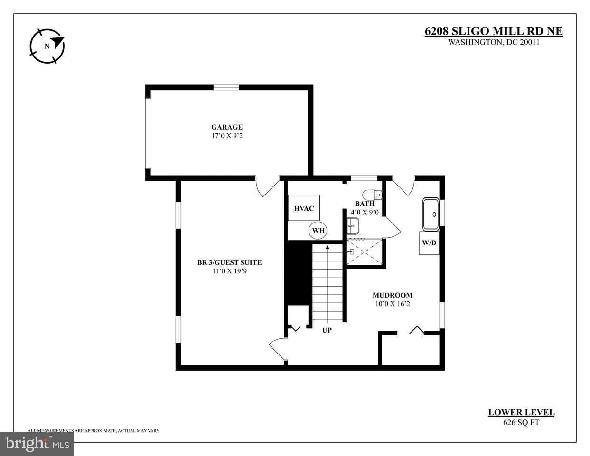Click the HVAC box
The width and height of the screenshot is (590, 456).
pyautogui.click(x=304, y=208)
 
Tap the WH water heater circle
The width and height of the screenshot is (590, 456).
pyautogui.click(x=318, y=231)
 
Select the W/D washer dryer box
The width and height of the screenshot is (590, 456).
pyautogui.click(x=429, y=243)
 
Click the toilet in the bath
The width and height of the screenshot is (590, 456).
pyautogui.click(x=372, y=195)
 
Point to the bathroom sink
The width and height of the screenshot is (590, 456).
pyautogui.click(x=352, y=226)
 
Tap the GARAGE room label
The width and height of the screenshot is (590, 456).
pyautogui.click(x=227, y=127)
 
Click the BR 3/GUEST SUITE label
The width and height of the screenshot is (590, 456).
pyautogui.click(x=229, y=262)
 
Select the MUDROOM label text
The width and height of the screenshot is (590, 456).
pyautogui.click(x=392, y=295)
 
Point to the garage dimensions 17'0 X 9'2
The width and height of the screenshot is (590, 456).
pyautogui.click(x=227, y=136)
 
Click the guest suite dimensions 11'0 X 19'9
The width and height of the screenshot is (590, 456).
pyautogui.click(x=229, y=271)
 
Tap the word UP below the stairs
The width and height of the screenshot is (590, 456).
pyautogui.click(x=327, y=330)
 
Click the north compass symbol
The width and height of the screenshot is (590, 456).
pyautogui.click(x=47, y=46)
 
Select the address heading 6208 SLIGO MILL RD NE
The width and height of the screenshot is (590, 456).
pyautogui.click(x=493, y=31)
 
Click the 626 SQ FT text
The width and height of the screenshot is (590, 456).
pyautogui.click(x=521, y=423)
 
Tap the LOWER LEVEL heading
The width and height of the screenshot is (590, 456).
pyautogui.click(x=521, y=413)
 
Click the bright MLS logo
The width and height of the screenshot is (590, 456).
pyautogui.click(x=37, y=444)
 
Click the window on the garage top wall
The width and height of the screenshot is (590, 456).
pyautogui.click(x=226, y=87)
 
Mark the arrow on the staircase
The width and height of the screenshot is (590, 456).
pyautogui.click(x=327, y=248)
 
